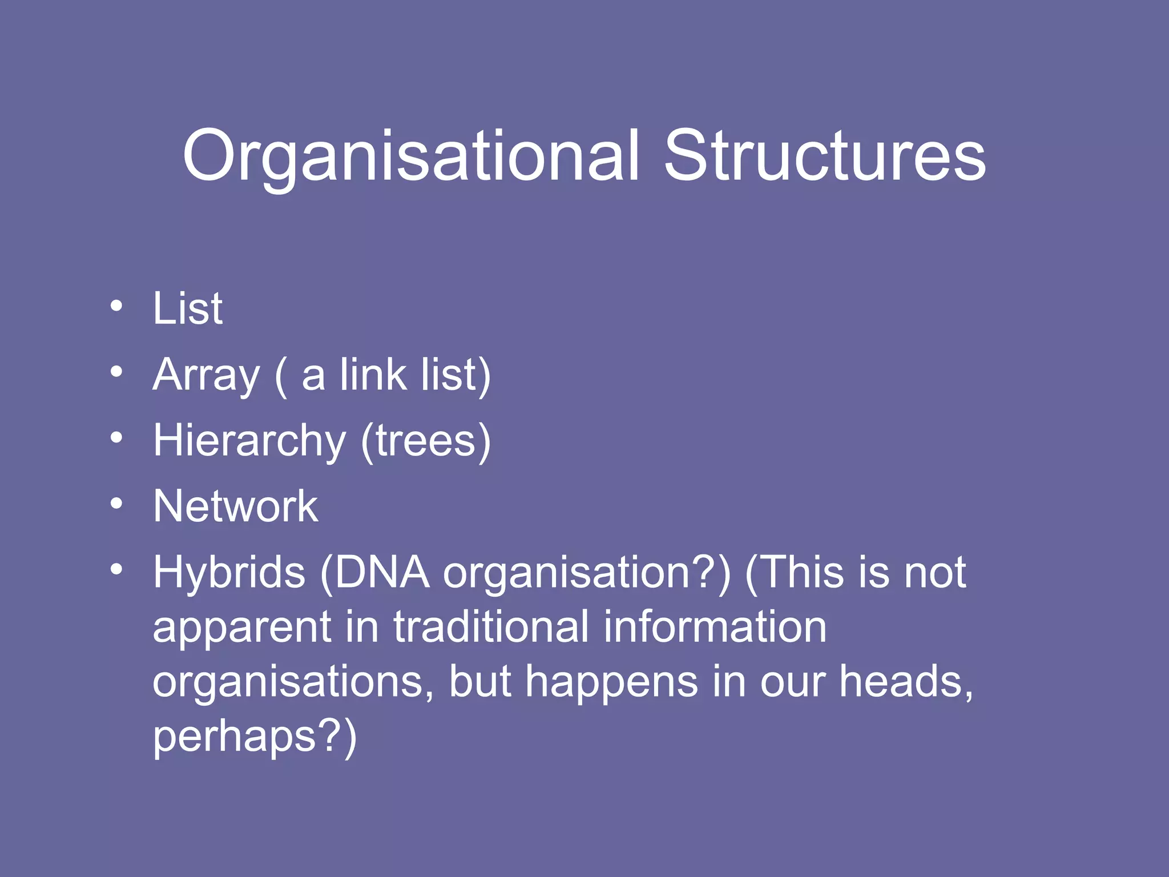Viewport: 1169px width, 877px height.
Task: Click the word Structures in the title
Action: [825, 155]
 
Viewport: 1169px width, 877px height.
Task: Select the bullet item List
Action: [187, 308]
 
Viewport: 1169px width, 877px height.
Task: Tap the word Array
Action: [206, 376]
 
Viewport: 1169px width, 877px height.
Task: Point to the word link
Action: [373, 375]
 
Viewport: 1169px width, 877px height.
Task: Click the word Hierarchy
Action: [249, 441]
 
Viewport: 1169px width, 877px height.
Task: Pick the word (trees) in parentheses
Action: [425, 441]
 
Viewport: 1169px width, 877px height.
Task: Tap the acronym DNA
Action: [382, 572]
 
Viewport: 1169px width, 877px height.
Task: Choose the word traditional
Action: [491, 626]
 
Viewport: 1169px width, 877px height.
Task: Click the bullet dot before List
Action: [116, 306]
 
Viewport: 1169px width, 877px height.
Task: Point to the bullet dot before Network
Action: [116, 504]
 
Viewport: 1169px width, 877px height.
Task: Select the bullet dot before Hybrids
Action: [116, 569]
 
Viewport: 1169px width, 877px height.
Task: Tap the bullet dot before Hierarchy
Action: [116, 438]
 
